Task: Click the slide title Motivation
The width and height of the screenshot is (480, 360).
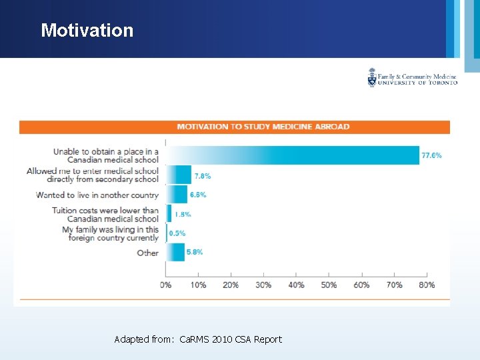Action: click(x=87, y=30)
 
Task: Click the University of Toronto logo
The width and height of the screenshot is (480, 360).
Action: click(x=412, y=79)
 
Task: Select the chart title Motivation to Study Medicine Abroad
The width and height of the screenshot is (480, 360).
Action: click(x=263, y=127)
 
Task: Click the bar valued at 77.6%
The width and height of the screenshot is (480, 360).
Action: click(x=292, y=155)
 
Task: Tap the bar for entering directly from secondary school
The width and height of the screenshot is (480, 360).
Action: click(x=178, y=175)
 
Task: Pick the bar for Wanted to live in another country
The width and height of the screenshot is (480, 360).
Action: click(x=177, y=195)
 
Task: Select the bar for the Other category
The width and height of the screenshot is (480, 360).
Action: click(x=175, y=252)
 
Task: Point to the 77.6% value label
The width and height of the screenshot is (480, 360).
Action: click(x=431, y=155)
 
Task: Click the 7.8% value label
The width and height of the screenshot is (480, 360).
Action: click(x=203, y=176)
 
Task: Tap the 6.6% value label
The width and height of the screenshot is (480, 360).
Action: click(x=198, y=195)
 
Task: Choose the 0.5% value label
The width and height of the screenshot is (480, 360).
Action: click(x=177, y=233)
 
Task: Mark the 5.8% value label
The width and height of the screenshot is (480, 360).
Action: click(x=195, y=252)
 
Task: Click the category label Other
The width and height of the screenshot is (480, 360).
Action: click(x=147, y=253)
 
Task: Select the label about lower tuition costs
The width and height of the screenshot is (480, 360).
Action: click(x=105, y=214)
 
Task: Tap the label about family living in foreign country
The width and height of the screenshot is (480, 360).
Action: click(x=110, y=233)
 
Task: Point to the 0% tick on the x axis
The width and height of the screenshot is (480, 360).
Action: click(x=165, y=285)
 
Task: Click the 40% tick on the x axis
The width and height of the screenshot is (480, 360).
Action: click(x=296, y=285)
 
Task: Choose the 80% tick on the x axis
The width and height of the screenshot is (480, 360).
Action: click(x=427, y=285)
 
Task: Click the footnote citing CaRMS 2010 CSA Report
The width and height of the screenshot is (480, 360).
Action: click(x=198, y=339)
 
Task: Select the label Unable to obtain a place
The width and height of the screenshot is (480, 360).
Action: click(x=106, y=155)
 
